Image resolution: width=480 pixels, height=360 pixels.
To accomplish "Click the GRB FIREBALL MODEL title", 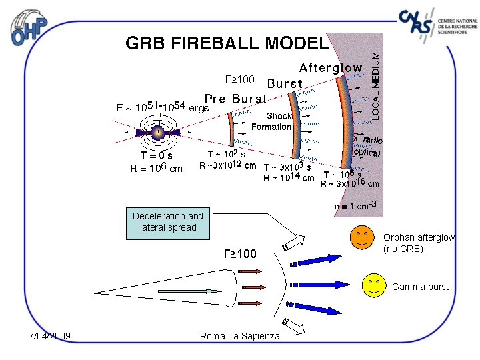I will pyautogui.click(x=227, y=43).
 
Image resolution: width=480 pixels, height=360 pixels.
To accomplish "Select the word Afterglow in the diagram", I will pyautogui.click(x=331, y=68).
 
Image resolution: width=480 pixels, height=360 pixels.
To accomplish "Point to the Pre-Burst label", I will pyautogui.click(x=235, y=99).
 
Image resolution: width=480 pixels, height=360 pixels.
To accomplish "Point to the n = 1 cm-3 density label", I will pyautogui.click(x=358, y=205).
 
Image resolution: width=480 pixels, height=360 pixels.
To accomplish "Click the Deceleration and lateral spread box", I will pyautogui.click(x=168, y=222).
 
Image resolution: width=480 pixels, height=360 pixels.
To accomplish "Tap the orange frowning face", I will pyautogui.click(x=363, y=237).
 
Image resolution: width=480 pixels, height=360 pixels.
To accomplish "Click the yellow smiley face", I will pyautogui.click(x=373, y=285).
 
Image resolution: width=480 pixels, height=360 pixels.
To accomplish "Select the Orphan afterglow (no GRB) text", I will pyautogui.click(x=419, y=243).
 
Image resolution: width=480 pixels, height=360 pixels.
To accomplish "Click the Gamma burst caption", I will pyautogui.click(x=420, y=287).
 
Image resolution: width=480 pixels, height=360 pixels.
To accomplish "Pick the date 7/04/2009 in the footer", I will pyautogui.click(x=50, y=335).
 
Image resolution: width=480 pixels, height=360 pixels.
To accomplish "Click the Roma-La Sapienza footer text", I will pyautogui.click(x=240, y=335).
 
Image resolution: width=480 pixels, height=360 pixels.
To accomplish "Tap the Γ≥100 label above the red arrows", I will pyautogui.click(x=239, y=253).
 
